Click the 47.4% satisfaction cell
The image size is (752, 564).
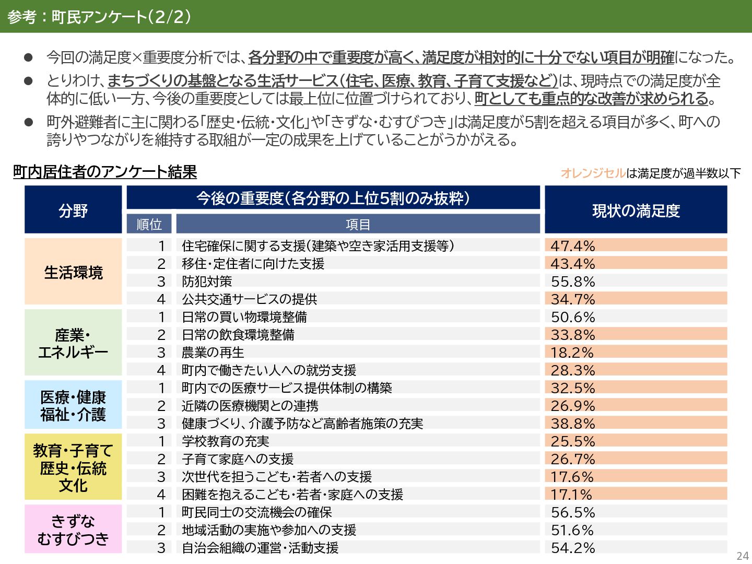(636, 245)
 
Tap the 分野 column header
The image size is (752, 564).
(73, 210)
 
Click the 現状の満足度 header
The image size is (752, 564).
(636, 210)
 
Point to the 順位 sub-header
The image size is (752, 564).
(149, 224)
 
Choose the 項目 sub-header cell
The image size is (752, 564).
(358, 224)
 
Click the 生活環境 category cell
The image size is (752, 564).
(73, 272)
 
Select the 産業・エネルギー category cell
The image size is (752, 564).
(73, 343)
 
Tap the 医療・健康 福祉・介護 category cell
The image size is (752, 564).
(73, 405)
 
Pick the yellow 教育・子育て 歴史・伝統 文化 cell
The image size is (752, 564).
(73, 467)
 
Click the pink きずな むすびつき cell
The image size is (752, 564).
(73, 529)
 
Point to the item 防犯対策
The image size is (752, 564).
(207, 281)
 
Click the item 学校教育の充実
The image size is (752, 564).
(225, 441)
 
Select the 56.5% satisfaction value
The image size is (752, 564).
(573, 512)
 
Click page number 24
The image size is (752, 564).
(742, 556)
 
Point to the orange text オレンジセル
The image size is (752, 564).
(593, 173)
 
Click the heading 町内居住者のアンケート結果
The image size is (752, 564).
(105, 172)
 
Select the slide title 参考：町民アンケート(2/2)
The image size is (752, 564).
(99, 17)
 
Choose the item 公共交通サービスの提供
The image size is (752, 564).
(249, 299)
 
